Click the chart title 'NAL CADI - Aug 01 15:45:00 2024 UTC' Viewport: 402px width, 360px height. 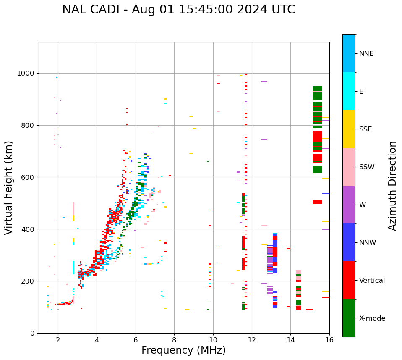[x=179, y=10]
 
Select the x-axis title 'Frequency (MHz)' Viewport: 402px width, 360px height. [x=183, y=350]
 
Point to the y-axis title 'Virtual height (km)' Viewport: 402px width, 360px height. [x=9, y=188]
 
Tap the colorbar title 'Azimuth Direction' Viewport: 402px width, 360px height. [x=392, y=186]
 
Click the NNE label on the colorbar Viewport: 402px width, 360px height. [x=366, y=54]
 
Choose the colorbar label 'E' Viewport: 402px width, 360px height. [x=361, y=92]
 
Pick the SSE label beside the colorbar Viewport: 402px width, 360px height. [x=365, y=129]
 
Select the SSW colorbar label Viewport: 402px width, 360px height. [x=366, y=167]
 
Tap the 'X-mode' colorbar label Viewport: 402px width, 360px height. [x=372, y=318]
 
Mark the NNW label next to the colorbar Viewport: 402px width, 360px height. [x=368, y=243]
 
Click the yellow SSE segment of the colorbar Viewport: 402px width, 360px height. [x=349, y=129]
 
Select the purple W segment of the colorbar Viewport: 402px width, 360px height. [x=349, y=205]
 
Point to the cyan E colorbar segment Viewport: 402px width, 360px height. [x=349, y=91]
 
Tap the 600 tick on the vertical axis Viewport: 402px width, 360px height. [x=29, y=177]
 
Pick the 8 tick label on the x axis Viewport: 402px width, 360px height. [x=174, y=340]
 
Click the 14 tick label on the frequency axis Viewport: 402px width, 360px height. [x=291, y=340]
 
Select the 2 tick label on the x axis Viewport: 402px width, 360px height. [x=58, y=340]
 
